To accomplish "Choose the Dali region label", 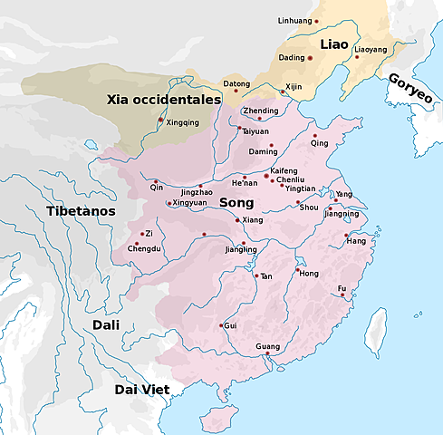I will click(x=110, y=324).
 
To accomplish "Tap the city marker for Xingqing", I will click(x=161, y=121).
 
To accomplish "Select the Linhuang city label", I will click(x=295, y=20).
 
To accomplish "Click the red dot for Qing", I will click(x=314, y=135).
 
